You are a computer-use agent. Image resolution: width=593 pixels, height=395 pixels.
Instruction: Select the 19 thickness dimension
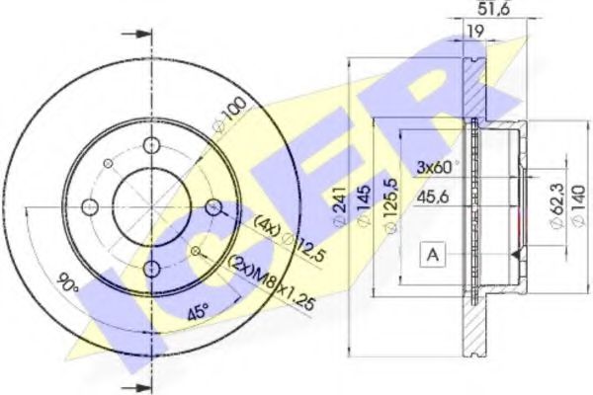[x=474, y=33]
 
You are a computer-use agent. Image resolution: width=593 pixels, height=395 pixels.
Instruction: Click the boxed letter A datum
[x=433, y=255]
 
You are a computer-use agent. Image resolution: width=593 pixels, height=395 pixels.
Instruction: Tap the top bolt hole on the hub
[x=151, y=146]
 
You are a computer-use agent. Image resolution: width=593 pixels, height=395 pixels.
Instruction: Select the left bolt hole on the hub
[x=89, y=207]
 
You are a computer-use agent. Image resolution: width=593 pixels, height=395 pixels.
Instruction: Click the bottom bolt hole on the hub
[x=151, y=269]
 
